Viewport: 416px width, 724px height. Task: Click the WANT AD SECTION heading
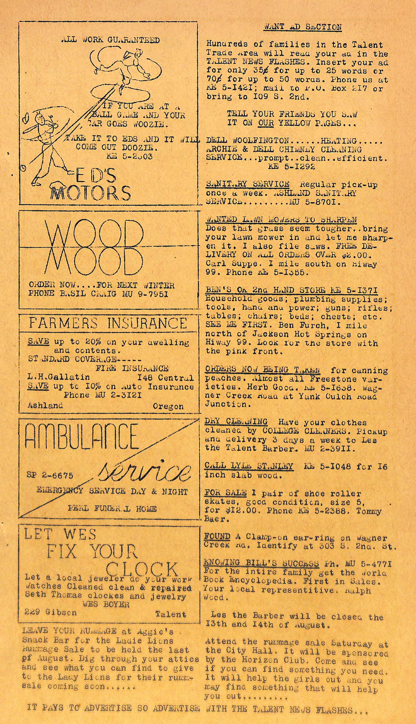(x=303, y=27)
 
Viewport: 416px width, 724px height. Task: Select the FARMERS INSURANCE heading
(x=108, y=323)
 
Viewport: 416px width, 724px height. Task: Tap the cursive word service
(x=145, y=471)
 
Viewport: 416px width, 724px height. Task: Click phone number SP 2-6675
(x=50, y=475)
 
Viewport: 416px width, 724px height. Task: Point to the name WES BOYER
(x=106, y=604)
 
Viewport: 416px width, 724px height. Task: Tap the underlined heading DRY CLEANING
(x=236, y=422)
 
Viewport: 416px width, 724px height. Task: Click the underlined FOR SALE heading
(x=226, y=493)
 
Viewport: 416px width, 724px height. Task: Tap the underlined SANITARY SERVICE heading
(x=248, y=184)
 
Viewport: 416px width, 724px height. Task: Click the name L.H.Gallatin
(x=59, y=377)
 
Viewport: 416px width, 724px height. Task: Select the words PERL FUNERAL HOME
(x=112, y=509)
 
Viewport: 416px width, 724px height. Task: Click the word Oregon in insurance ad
(x=168, y=407)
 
